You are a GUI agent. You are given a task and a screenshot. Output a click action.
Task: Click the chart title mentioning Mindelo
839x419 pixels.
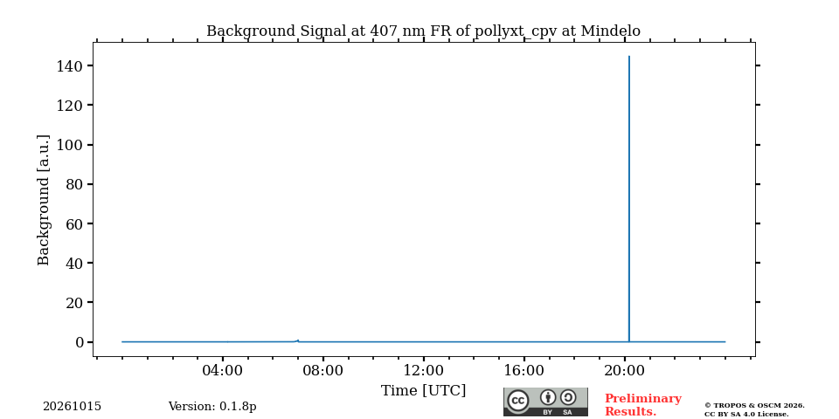pyautogui.click(x=423, y=31)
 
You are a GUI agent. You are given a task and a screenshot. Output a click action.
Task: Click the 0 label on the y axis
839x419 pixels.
pyautogui.click(x=80, y=342)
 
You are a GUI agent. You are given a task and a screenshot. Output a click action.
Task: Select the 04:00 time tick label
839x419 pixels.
pyautogui.click(x=223, y=370)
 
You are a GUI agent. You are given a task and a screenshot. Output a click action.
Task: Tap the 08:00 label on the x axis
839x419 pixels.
pyautogui.click(x=323, y=370)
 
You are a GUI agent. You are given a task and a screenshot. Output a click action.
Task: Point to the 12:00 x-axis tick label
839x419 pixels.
pyautogui.click(x=423, y=370)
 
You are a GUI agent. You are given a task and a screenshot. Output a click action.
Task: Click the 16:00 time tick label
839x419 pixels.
pyautogui.click(x=524, y=370)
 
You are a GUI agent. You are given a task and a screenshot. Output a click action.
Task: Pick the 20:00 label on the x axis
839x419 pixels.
pyautogui.click(x=624, y=370)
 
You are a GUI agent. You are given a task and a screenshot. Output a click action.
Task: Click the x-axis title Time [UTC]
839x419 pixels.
pyautogui.click(x=423, y=391)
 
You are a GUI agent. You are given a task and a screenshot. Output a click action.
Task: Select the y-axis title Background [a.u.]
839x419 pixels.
pyautogui.click(x=44, y=200)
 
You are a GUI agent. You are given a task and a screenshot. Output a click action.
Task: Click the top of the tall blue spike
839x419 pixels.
pyautogui.click(x=628, y=56)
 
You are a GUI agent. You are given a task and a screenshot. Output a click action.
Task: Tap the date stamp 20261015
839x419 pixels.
pyautogui.click(x=72, y=407)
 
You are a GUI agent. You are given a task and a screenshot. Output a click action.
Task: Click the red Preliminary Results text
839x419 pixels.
pyautogui.click(x=643, y=405)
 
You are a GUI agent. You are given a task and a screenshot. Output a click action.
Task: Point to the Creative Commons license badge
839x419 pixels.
pyautogui.click(x=545, y=402)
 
